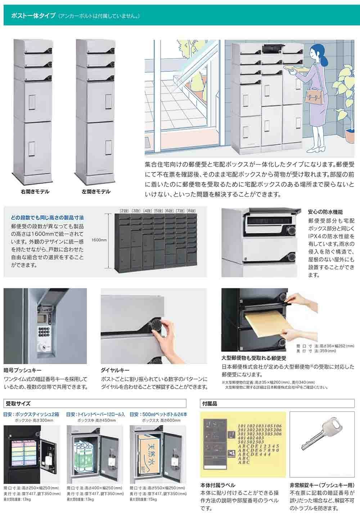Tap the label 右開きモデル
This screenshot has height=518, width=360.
(x=35, y=192)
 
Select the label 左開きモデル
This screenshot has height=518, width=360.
(x=96, y=192)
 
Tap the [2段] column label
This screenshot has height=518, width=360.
(x=124, y=210)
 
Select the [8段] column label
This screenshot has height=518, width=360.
(x=191, y=210)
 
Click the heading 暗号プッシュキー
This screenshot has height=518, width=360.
(x=23, y=370)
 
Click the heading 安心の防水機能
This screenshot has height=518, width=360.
(x=325, y=212)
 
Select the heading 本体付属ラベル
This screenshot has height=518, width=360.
(x=218, y=485)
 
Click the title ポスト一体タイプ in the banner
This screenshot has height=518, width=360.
(x=33, y=16)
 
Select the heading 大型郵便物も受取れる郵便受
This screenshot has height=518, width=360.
(x=253, y=358)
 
